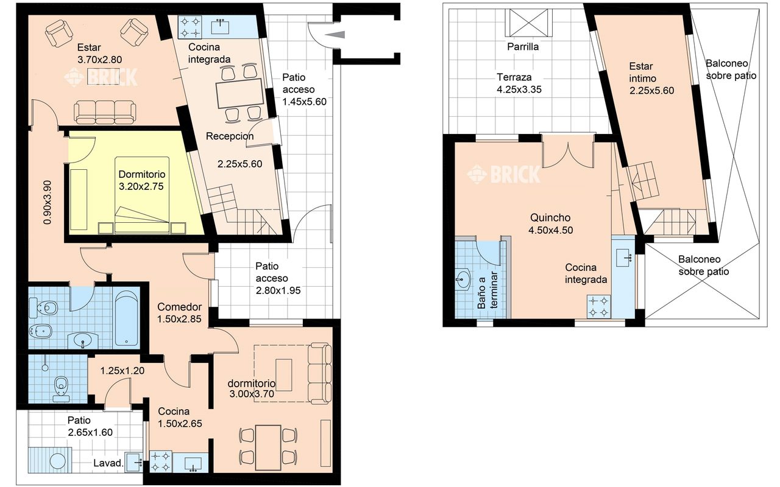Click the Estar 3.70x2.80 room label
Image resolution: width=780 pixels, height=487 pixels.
pos(99,53)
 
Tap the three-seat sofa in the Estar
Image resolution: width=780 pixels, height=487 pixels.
pos(105,112)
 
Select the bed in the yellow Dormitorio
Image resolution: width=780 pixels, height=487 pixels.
pos(142,195)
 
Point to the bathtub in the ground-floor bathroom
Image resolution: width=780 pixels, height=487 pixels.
pos(126,318)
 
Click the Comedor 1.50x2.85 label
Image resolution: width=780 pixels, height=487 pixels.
pos(179,313)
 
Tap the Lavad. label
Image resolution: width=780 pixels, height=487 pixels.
pos(108,463)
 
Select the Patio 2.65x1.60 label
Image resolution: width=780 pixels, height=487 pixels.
pos(90,426)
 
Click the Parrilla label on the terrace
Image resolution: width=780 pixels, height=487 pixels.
pos(523,47)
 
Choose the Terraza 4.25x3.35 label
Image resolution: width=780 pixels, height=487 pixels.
pos(519,83)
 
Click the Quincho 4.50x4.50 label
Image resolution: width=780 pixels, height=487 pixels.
pos(550,223)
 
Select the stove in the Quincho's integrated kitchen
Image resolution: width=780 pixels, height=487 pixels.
pos(598,306)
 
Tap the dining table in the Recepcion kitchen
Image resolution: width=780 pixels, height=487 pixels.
pos(240,93)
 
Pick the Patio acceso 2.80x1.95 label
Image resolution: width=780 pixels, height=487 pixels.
pos(278,278)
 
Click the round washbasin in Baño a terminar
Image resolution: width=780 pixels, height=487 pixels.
pos(464,279)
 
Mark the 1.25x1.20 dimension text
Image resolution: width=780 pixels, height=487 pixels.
pos(122,371)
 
